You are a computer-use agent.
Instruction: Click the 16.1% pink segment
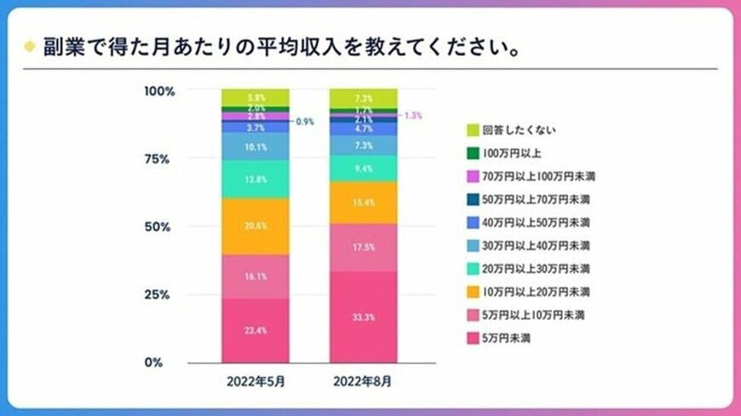click(256, 276)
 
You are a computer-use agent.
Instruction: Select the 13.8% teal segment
click(256, 180)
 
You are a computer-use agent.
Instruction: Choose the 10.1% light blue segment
click(256, 146)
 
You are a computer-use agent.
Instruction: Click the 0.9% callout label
click(305, 122)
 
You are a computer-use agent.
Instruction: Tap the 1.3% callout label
click(413, 115)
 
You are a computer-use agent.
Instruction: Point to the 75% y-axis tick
click(158, 159)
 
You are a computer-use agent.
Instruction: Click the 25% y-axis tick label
click(158, 294)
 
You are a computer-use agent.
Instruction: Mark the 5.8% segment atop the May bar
click(256, 97)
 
